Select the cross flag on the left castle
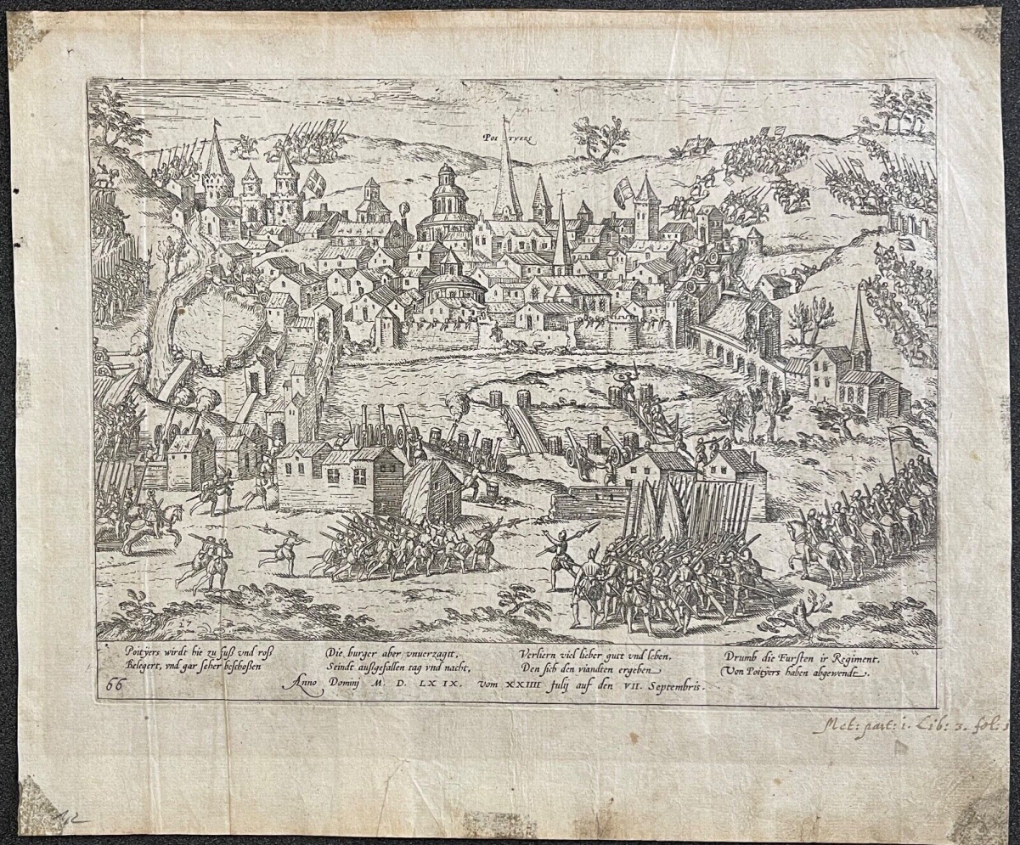(x=315, y=181)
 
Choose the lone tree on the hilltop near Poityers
(x=601, y=136)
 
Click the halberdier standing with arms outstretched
(x=560, y=552)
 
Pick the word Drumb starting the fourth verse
(x=742, y=657)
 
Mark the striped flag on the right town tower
(x=623, y=193)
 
